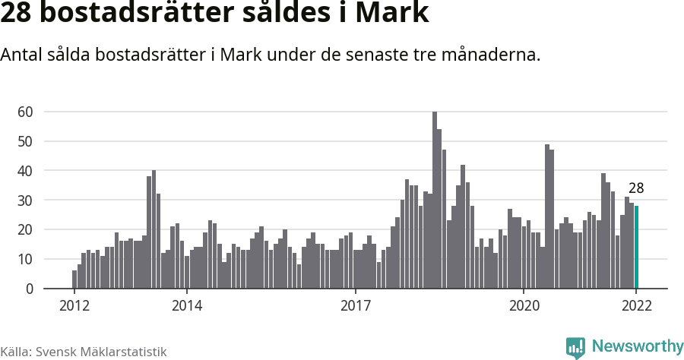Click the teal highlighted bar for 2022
[x=637, y=248]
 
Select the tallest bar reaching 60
[x=435, y=201]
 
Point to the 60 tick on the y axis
[x=26, y=112]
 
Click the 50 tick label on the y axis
[x=26, y=141]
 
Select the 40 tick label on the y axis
[x=26, y=171]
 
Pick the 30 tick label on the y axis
[x=26, y=201]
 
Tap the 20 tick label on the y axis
[x=26, y=230]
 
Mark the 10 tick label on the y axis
[x=26, y=260]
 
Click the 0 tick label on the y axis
[x=30, y=289]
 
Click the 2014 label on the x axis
[x=186, y=306]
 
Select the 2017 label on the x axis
[x=355, y=306]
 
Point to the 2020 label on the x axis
[x=524, y=306]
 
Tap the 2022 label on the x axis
[x=636, y=306]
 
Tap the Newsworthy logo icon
[x=575, y=348]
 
